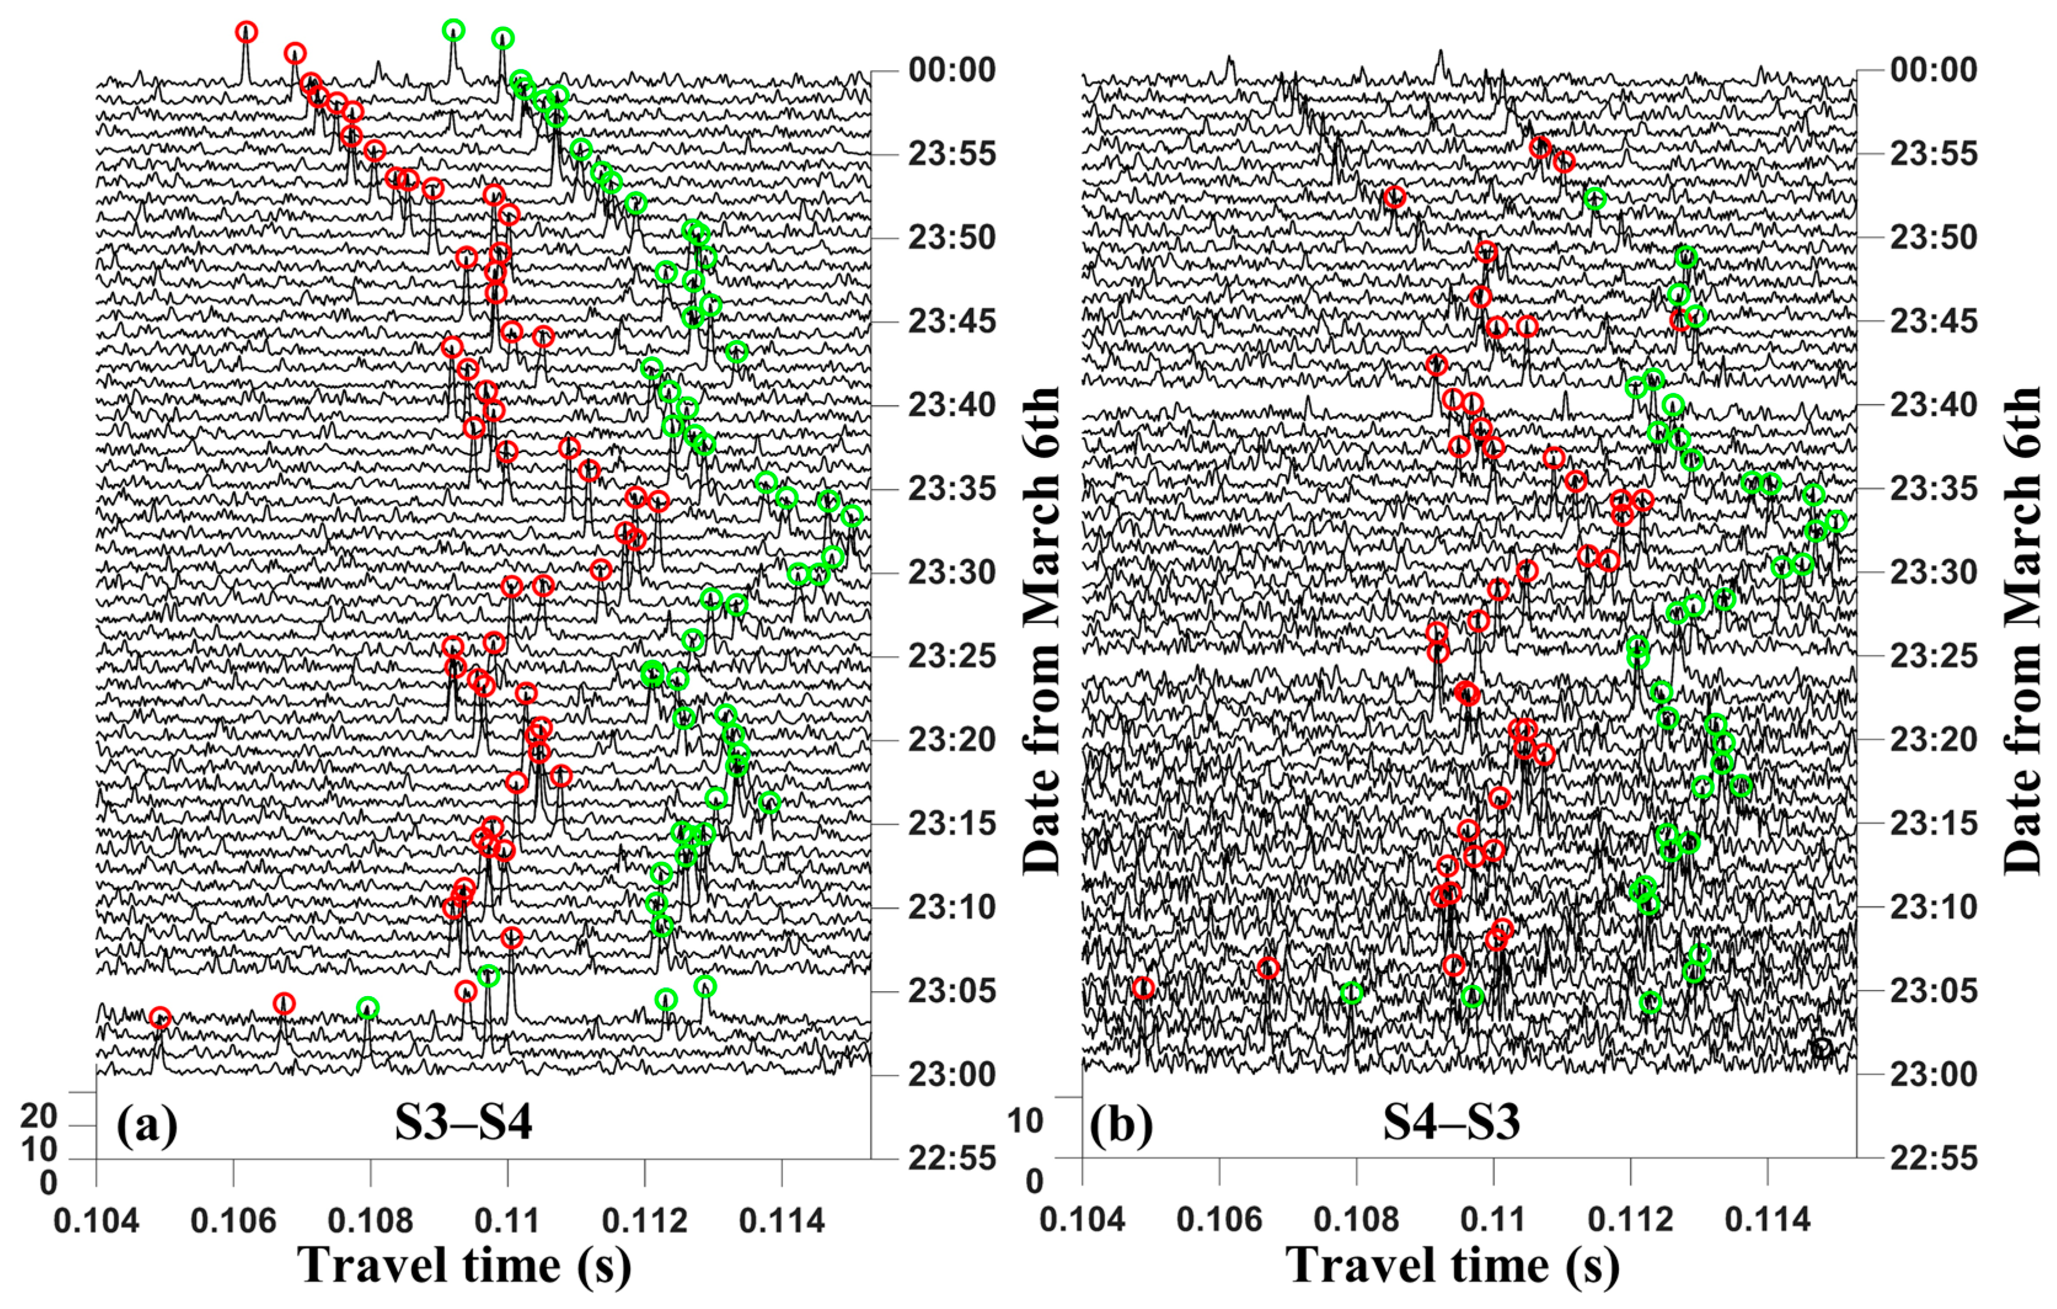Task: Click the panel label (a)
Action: click(x=147, y=1125)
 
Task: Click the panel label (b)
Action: click(x=1121, y=1125)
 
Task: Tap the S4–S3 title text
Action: click(x=1451, y=1122)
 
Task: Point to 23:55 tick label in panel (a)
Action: click(x=952, y=155)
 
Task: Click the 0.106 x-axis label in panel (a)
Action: click(x=233, y=1220)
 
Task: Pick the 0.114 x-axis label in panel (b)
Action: click(x=1767, y=1220)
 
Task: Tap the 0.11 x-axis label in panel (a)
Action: click(x=507, y=1220)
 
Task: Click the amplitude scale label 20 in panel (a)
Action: click(x=39, y=1116)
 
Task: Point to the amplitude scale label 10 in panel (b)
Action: click(x=1025, y=1120)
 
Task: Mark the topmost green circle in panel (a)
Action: click(x=454, y=31)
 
